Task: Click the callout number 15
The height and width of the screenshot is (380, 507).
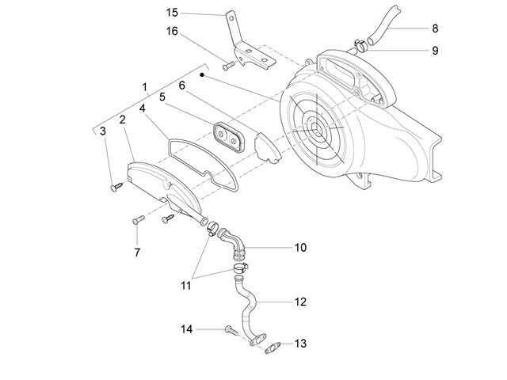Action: coord(172,13)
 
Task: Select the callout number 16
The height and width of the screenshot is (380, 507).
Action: coord(172,32)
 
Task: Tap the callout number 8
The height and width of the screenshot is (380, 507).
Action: coord(435,28)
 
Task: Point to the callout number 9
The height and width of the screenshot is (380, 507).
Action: coord(435,51)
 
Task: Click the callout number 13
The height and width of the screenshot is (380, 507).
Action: coord(300,344)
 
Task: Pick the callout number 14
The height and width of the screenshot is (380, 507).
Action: coord(187,329)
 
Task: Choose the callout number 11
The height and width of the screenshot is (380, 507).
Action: coord(186,286)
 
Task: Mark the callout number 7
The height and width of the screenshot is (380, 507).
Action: coord(137,253)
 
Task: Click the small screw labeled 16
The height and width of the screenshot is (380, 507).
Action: coord(229,66)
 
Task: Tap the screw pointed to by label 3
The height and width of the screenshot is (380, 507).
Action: coord(116,187)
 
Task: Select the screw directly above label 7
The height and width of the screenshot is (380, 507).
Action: coord(139,220)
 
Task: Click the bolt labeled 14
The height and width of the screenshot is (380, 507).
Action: coord(231,330)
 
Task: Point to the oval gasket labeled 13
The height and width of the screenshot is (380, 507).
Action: coord(272,348)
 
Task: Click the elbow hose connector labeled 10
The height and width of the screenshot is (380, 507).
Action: coord(232,244)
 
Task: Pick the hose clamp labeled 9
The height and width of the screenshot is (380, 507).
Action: coord(361,45)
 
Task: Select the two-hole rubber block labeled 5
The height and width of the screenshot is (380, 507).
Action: coord(229,137)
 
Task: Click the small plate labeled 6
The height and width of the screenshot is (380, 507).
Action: coord(267,148)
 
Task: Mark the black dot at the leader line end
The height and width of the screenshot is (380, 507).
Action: coord(202,74)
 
